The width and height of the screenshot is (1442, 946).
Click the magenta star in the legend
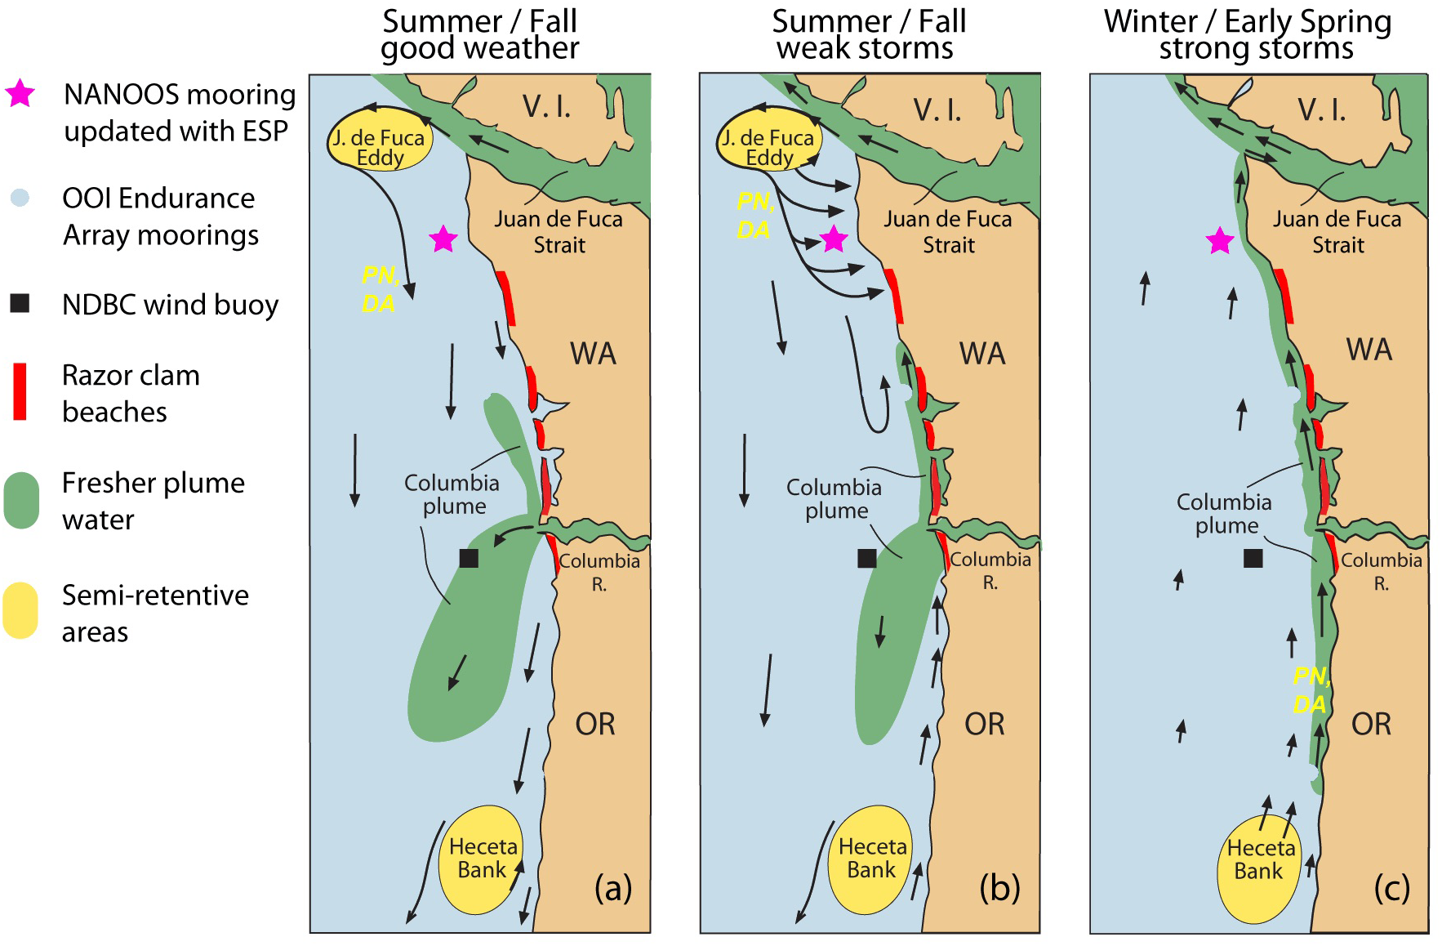(20, 94)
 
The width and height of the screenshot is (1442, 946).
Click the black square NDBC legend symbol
(20, 304)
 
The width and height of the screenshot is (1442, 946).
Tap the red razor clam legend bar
(20, 392)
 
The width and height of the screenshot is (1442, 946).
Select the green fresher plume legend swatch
(21, 500)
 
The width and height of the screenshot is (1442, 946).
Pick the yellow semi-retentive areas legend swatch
(21, 610)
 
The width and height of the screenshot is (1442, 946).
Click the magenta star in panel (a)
(443, 239)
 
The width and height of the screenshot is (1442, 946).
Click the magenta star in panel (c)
(1220, 241)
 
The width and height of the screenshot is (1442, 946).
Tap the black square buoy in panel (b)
(867, 558)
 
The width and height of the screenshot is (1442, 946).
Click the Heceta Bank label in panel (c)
(1260, 859)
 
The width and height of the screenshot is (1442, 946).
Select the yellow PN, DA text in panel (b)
(754, 216)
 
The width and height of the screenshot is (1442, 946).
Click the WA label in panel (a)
(593, 354)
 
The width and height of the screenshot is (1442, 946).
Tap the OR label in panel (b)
(984, 725)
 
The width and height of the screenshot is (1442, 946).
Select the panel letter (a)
(613, 888)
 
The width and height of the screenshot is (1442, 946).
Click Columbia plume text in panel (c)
(1224, 513)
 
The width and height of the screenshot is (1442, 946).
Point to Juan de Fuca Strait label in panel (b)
(948, 232)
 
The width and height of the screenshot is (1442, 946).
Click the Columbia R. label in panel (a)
(599, 572)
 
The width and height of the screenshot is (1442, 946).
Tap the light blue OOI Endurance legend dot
(20, 198)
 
